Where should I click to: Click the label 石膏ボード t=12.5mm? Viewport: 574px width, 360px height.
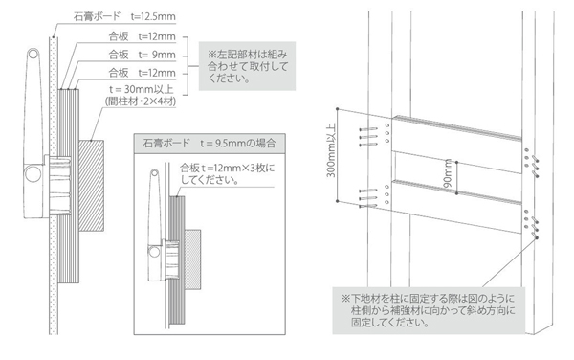click(x=124, y=16)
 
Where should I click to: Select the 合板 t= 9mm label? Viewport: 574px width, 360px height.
click(x=142, y=55)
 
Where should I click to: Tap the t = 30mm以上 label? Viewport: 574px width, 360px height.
click(x=142, y=89)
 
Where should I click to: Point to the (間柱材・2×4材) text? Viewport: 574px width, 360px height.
click(x=141, y=101)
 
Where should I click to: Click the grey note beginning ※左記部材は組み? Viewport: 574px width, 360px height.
click(x=247, y=66)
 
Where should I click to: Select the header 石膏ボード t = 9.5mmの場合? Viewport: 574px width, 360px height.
click(x=210, y=144)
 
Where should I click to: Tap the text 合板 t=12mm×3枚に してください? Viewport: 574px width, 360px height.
click(x=227, y=174)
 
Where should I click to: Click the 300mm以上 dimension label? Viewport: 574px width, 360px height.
click(x=331, y=149)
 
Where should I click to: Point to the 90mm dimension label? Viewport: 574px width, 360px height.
click(x=448, y=173)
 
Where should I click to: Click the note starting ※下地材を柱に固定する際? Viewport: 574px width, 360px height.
click(x=429, y=310)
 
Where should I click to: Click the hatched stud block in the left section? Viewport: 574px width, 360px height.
click(x=92, y=186)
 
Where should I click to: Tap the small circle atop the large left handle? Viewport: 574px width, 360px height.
click(x=33, y=55)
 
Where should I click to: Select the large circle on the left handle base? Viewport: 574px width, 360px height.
click(x=33, y=173)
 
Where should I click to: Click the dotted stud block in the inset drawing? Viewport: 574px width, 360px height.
click(x=192, y=259)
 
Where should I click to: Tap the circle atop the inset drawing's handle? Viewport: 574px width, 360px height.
click(x=154, y=172)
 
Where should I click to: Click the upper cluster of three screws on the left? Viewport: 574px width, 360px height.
click(x=368, y=137)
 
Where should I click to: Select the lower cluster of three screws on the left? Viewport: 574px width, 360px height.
click(x=368, y=199)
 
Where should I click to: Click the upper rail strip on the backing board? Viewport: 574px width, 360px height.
click(x=457, y=127)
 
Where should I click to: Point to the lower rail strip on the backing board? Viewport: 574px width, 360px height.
click(x=457, y=191)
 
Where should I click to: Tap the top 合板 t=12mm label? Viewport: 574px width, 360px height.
click(x=142, y=36)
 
